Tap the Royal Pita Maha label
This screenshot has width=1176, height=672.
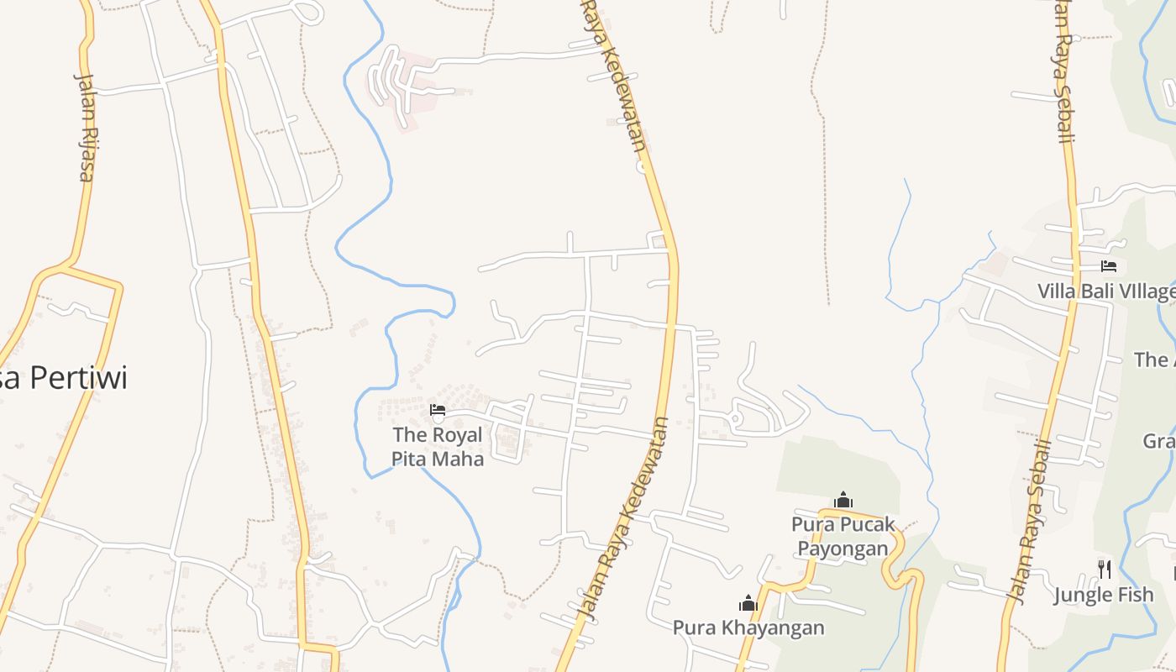(x=438, y=447)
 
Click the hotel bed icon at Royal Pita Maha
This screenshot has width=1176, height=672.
(x=438, y=410)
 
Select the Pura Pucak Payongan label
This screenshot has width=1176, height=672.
(x=843, y=537)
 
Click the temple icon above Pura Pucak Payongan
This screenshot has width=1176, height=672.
(x=843, y=501)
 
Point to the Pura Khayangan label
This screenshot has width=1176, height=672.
(x=748, y=627)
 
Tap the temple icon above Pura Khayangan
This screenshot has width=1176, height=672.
(x=748, y=603)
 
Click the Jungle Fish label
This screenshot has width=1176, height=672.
(x=1104, y=596)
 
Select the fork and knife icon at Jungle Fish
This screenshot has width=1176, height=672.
(x=1105, y=570)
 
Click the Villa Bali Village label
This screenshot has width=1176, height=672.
(x=1105, y=291)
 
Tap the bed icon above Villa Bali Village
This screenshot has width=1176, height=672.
(x=1109, y=266)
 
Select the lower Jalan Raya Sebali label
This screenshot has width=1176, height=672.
(x=1031, y=521)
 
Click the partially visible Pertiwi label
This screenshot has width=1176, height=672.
(x=64, y=378)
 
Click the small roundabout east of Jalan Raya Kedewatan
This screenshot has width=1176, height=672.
(x=735, y=417)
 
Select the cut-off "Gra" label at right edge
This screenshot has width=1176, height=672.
(x=1159, y=441)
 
